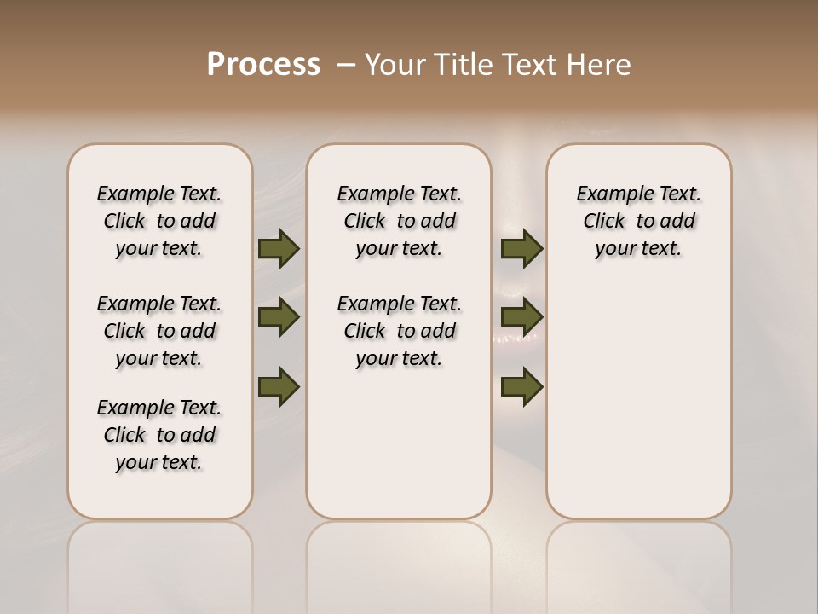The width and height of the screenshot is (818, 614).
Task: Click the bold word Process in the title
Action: (263, 64)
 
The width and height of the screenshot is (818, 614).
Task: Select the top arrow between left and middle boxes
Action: (279, 248)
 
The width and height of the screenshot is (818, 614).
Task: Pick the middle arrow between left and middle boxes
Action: (279, 318)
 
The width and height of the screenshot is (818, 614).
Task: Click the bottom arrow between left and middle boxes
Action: (279, 386)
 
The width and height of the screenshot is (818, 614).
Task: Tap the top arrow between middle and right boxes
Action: (521, 248)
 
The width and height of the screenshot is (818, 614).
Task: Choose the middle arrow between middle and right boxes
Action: (521, 318)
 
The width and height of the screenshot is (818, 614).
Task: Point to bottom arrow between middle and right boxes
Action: (521, 386)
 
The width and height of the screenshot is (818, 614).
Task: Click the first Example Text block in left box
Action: (159, 221)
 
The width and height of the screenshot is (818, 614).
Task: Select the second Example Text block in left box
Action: (159, 331)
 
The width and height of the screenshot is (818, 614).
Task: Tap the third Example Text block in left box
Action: (159, 435)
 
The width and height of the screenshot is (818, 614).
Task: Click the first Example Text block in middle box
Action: (400, 221)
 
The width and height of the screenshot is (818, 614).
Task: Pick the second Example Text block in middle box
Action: (400, 331)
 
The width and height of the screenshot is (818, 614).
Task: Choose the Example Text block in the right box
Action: (639, 221)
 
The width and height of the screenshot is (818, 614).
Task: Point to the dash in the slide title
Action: (346, 65)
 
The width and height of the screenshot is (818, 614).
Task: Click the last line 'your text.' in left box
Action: (159, 462)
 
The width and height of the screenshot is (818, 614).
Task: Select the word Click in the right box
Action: (604, 222)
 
